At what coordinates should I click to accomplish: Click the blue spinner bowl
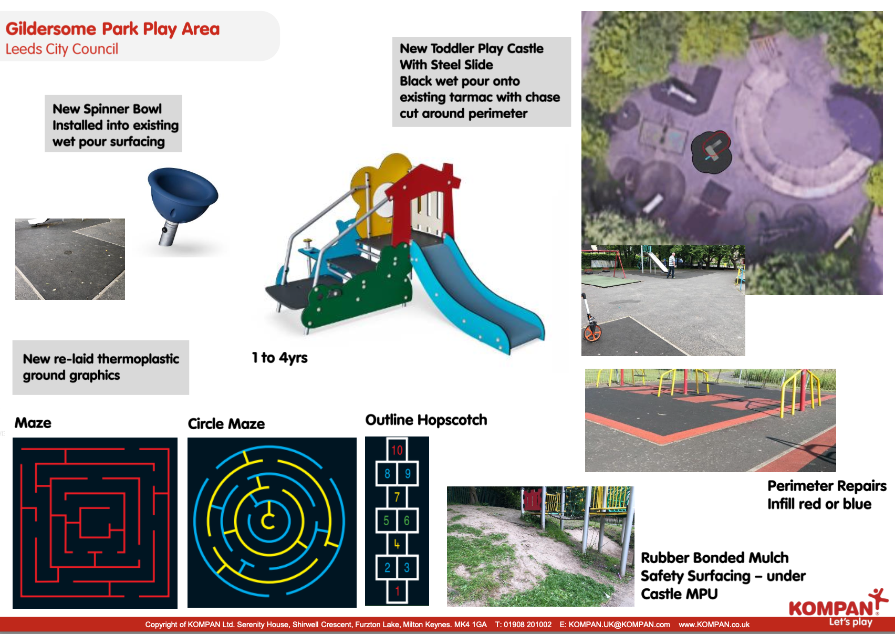(x=183, y=196)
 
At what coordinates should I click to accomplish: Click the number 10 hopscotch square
(x=397, y=450)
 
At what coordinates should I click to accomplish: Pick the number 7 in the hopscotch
(x=397, y=497)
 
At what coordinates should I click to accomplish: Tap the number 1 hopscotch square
(x=397, y=591)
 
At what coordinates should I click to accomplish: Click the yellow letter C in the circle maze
(x=268, y=521)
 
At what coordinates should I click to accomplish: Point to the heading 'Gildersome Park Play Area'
(x=113, y=29)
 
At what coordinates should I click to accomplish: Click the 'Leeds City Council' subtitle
(x=62, y=49)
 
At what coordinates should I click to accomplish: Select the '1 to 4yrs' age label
(x=279, y=358)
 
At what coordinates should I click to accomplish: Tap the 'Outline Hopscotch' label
(x=426, y=420)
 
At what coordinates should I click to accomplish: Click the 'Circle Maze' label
(x=226, y=423)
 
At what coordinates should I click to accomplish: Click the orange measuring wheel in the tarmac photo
(x=592, y=333)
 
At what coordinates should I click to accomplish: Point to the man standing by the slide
(x=672, y=265)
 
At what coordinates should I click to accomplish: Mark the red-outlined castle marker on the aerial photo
(x=716, y=144)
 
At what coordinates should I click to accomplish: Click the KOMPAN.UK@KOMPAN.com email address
(x=615, y=625)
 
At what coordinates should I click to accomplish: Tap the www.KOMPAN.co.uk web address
(x=714, y=625)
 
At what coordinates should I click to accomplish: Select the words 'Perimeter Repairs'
(x=827, y=486)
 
